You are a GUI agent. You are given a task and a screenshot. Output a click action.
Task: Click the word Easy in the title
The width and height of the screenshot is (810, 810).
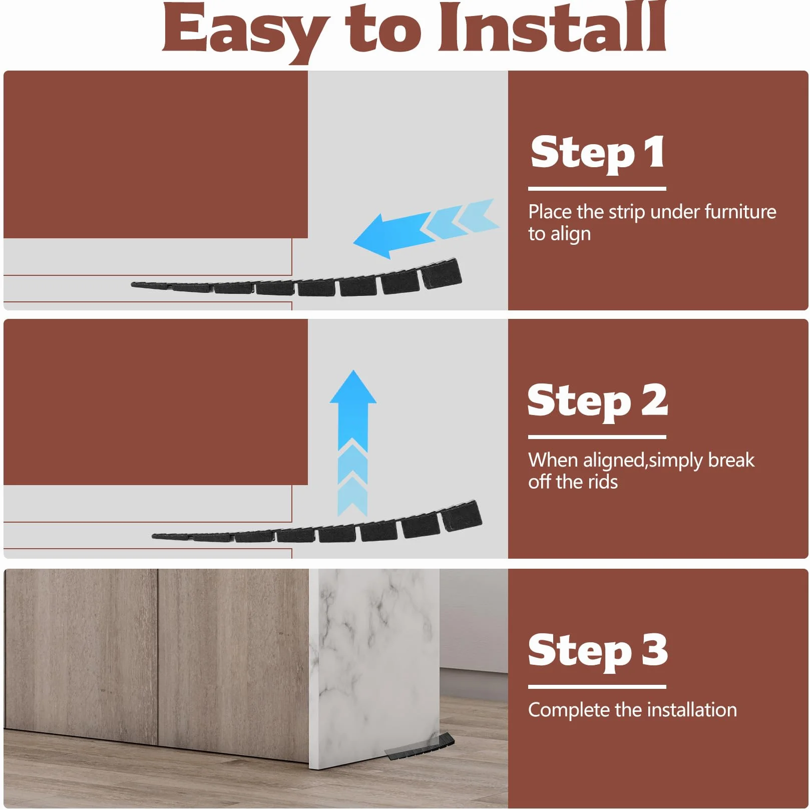[x=245, y=31]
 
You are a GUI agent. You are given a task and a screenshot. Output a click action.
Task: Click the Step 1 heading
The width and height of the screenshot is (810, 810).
[x=598, y=153]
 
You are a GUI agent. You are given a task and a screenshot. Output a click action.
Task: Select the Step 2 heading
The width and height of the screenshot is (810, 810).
[x=597, y=401]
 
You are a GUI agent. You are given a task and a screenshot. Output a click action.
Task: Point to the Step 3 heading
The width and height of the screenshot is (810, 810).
[x=598, y=650]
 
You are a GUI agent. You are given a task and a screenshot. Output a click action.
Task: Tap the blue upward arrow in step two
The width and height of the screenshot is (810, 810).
[x=353, y=444]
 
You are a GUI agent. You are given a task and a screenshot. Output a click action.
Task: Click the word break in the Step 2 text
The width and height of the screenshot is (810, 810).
[x=731, y=460]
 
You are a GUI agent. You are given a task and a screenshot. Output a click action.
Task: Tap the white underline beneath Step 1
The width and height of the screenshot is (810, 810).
[x=597, y=189]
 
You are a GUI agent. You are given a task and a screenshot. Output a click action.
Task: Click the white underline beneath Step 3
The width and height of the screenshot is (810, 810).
[x=597, y=686]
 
